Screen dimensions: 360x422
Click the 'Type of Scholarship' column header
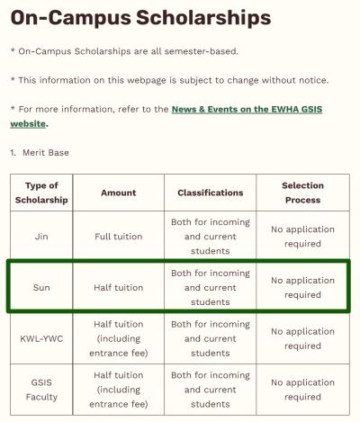point(41,193)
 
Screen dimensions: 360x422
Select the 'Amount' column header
point(118,193)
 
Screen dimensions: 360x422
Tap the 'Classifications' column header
point(210,193)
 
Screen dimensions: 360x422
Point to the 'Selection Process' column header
point(302,193)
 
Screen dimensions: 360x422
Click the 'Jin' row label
point(41,237)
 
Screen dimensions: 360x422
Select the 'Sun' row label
point(41,288)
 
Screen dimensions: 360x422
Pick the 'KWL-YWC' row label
point(41,339)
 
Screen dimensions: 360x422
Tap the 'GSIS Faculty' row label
point(41,390)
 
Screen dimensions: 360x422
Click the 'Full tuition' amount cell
point(118,237)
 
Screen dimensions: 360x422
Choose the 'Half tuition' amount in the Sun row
point(118,288)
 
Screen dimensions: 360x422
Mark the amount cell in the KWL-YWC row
point(118,339)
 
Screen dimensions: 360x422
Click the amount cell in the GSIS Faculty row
point(118,390)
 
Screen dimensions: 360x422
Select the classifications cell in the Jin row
point(210,237)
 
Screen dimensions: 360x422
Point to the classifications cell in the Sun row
point(210,288)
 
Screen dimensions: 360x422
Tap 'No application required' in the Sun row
point(302,288)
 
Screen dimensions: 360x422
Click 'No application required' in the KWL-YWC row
point(302,339)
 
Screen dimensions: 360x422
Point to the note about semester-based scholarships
point(124,51)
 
